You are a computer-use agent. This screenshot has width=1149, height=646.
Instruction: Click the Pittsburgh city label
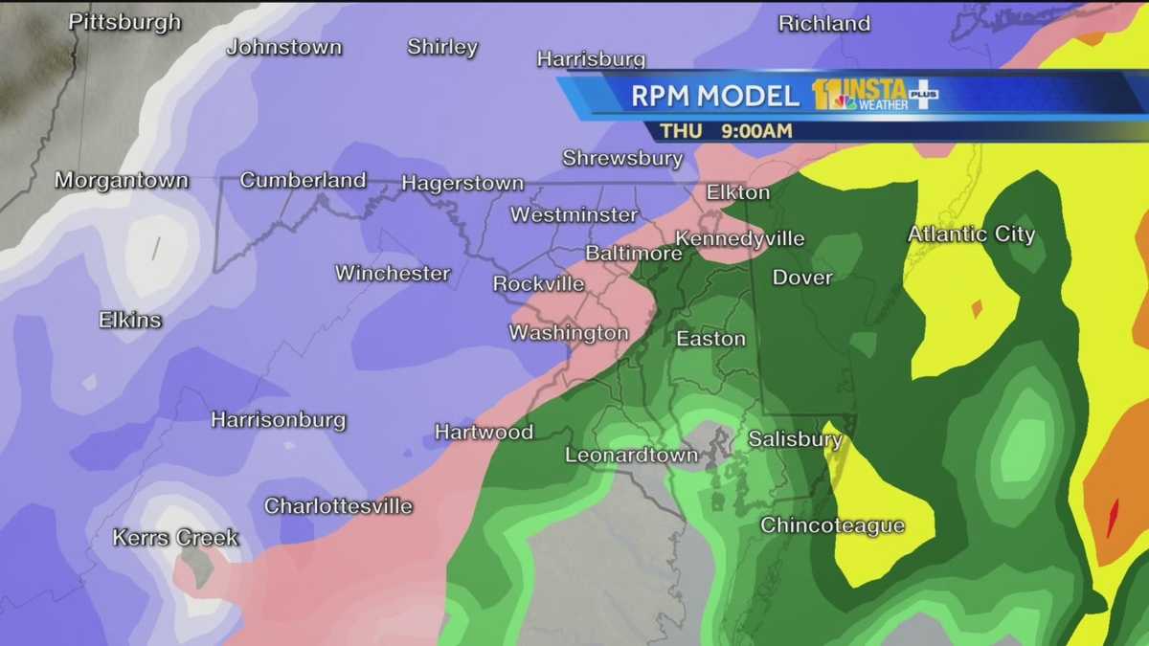[x=124, y=22]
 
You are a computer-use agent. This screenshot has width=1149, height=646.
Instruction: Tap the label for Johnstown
[x=283, y=47]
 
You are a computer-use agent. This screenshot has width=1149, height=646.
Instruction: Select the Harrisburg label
[x=591, y=59]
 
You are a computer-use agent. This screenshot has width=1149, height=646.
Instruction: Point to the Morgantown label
[x=122, y=180]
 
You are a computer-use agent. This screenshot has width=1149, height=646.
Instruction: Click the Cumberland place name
[x=303, y=180]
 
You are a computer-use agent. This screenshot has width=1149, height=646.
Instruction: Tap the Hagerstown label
[x=462, y=183]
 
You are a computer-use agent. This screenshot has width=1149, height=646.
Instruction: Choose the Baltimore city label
[x=633, y=254]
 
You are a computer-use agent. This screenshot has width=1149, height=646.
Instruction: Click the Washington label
[x=569, y=333]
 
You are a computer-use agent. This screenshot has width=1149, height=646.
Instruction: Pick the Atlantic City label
[x=971, y=234]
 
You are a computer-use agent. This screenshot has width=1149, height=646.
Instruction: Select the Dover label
[x=802, y=278]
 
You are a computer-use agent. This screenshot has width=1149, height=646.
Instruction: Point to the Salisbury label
[x=795, y=439]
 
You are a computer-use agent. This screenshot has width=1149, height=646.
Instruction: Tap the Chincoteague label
[x=833, y=525]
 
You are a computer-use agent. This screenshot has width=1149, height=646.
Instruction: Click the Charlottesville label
[x=338, y=506]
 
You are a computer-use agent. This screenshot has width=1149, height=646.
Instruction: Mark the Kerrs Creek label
[x=175, y=538]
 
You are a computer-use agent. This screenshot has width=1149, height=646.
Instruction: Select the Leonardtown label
[x=631, y=456]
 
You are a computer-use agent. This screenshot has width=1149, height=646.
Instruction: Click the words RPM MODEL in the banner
[x=714, y=96]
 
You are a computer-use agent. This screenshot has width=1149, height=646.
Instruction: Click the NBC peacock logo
[x=844, y=101]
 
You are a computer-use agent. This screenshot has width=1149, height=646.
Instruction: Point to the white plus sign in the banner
[x=923, y=95]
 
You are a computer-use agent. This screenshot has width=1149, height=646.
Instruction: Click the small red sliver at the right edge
[x=1114, y=518]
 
